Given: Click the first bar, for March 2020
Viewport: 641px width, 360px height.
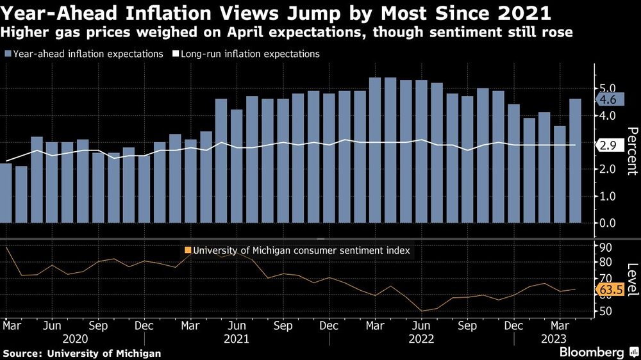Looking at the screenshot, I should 6,193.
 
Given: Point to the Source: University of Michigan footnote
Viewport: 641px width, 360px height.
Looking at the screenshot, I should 82,353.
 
